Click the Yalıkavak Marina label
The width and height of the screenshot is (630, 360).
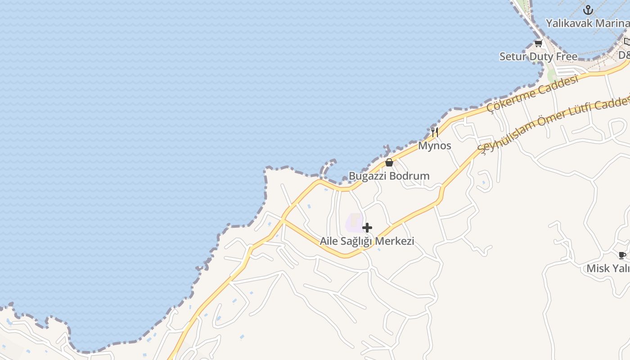click(587, 23)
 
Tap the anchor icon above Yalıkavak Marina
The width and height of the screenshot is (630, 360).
click(588, 10)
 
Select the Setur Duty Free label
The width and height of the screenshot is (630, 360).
click(538, 57)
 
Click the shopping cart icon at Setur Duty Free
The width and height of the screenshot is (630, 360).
click(538, 44)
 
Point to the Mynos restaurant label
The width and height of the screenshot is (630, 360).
click(434, 146)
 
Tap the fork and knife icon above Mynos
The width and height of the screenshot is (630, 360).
click(434, 132)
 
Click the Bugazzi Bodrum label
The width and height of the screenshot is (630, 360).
click(389, 176)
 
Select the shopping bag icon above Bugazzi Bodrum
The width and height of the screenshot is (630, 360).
click(389, 162)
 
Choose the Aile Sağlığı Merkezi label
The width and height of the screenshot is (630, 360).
click(367, 241)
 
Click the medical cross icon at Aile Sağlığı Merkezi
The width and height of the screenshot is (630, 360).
click(367, 228)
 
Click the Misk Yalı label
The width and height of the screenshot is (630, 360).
click(607, 269)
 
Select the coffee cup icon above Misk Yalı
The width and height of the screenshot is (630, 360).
click(622, 256)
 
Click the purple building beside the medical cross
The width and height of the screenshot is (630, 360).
click(355, 222)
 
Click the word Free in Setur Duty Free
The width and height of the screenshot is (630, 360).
click(566, 57)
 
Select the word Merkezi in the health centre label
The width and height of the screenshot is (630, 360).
click(394, 241)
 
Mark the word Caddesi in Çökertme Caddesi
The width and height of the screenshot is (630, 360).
click(558, 84)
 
